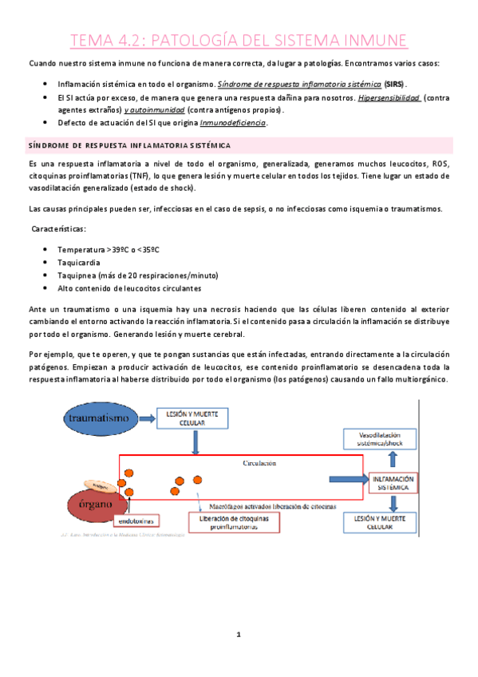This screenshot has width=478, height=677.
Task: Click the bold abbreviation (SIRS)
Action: point(393,84)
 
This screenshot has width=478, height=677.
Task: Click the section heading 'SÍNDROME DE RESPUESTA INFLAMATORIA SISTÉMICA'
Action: point(129,146)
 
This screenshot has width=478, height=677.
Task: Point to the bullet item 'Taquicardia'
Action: point(78,262)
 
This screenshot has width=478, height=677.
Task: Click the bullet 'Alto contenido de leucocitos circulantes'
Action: point(129,287)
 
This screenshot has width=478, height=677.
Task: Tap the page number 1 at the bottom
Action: point(238,635)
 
